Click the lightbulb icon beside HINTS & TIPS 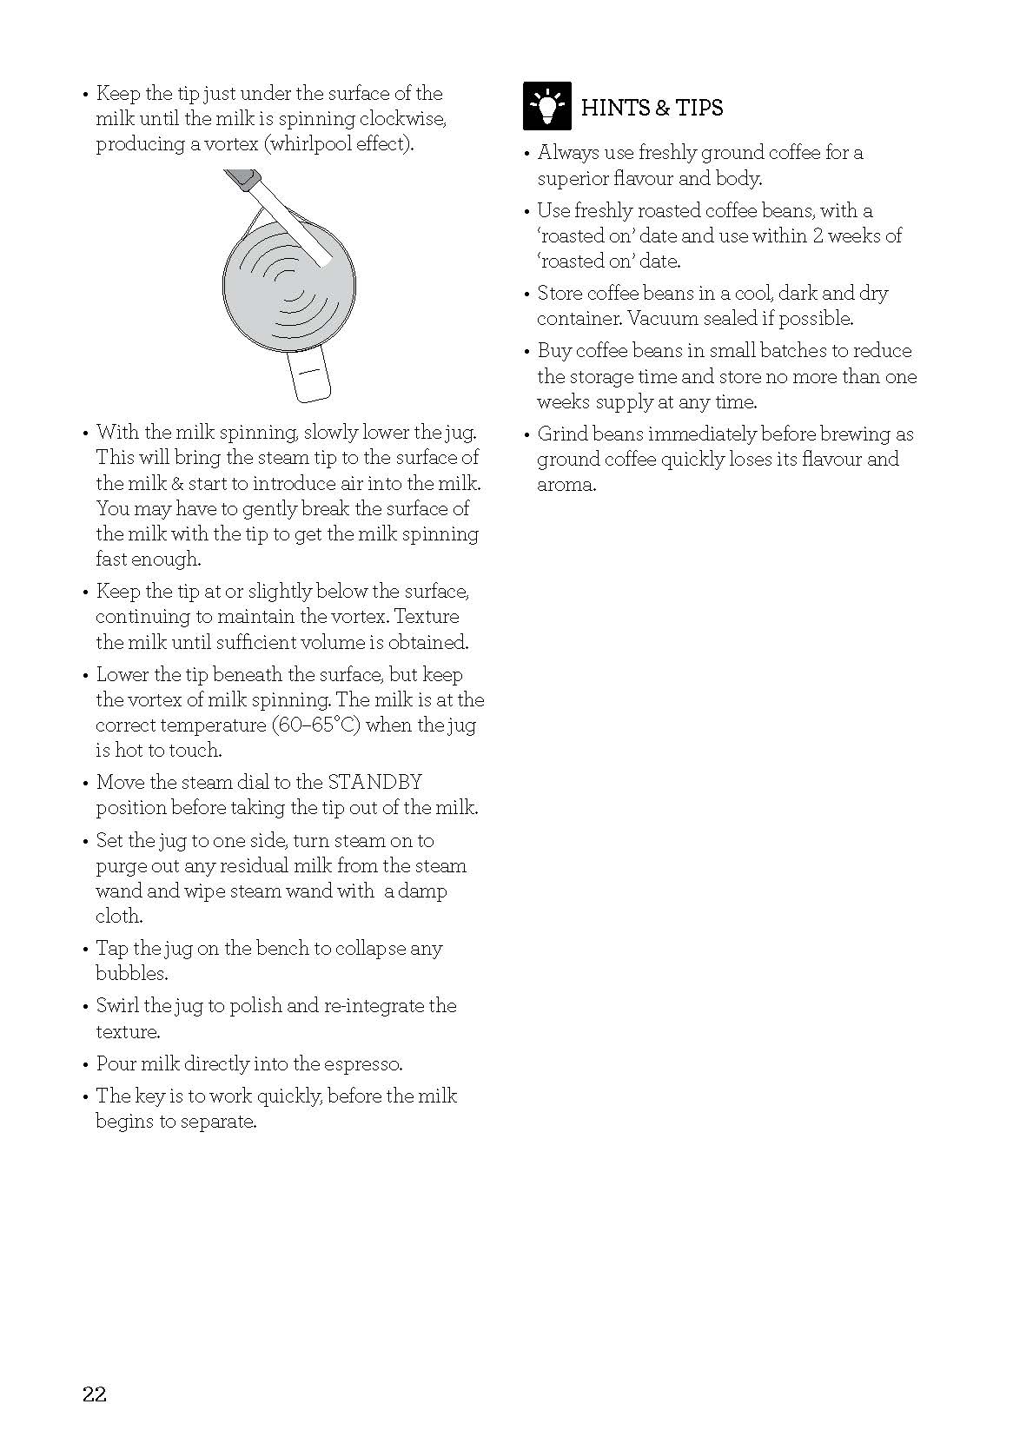(547, 106)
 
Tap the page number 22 (95, 1394)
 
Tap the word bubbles (131, 974)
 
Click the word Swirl (117, 1006)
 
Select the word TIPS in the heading (699, 108)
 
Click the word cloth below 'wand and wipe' (119, 917)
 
